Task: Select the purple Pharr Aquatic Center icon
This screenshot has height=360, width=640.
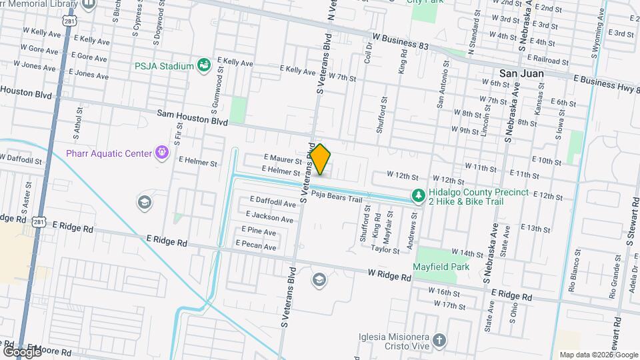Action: pos(161,153)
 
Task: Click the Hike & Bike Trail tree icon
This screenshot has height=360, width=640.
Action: pos(418,196)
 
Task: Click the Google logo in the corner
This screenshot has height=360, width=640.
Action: pos(21,351)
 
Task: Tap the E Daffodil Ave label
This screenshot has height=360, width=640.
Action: pos(273,201)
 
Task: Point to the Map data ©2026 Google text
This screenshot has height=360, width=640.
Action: pos(597,355)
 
